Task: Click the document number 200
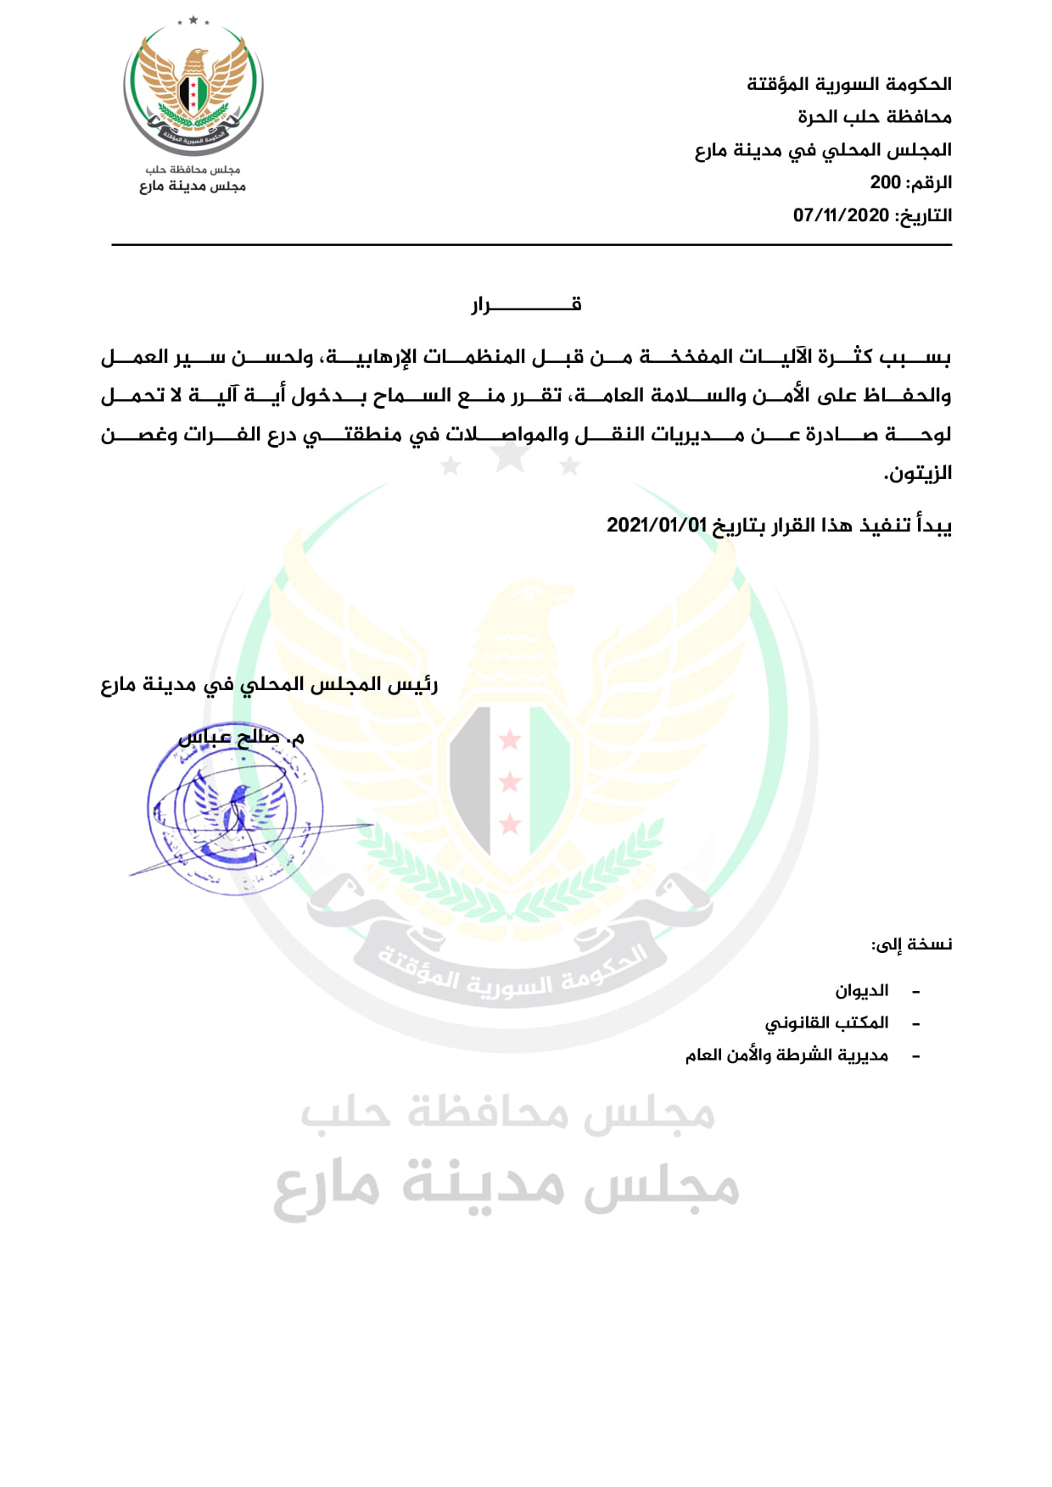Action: tap(885, 182)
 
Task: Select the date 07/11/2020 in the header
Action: tap(841, 215)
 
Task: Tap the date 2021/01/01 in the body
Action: tap(656, 525)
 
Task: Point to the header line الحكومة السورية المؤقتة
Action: tap(848, 84)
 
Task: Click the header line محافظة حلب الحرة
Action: tap(874, 117)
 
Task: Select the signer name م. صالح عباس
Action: tap(241, 738)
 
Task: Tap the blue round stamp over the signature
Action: tap(235, 816)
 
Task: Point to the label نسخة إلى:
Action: tap(911, 944)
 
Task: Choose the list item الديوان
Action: tap(862, 990)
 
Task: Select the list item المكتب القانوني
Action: tap(826, 1022)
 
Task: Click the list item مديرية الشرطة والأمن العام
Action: tap(786, 1055)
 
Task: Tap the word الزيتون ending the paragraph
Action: tap(918, 473)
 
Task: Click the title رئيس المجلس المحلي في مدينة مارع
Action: tap(270, 684)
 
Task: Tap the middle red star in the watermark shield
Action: tap(510, 781)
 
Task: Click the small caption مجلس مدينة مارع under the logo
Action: tap(193, 186)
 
